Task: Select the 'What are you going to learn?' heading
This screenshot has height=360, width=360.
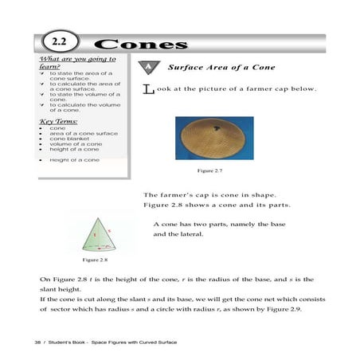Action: click(x=77, y=62)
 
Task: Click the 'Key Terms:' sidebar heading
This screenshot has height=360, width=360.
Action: click(x=58, y=120)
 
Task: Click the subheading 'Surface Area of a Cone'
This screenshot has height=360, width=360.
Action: click(x=221, y=68)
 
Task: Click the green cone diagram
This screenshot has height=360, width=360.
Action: click(x=98, y=232)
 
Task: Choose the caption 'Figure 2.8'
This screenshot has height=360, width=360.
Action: click(x=94, y=260)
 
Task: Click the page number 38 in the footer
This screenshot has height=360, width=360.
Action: click(x=37, y=341)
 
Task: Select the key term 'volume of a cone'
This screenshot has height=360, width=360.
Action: click(x=75, y=143)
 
